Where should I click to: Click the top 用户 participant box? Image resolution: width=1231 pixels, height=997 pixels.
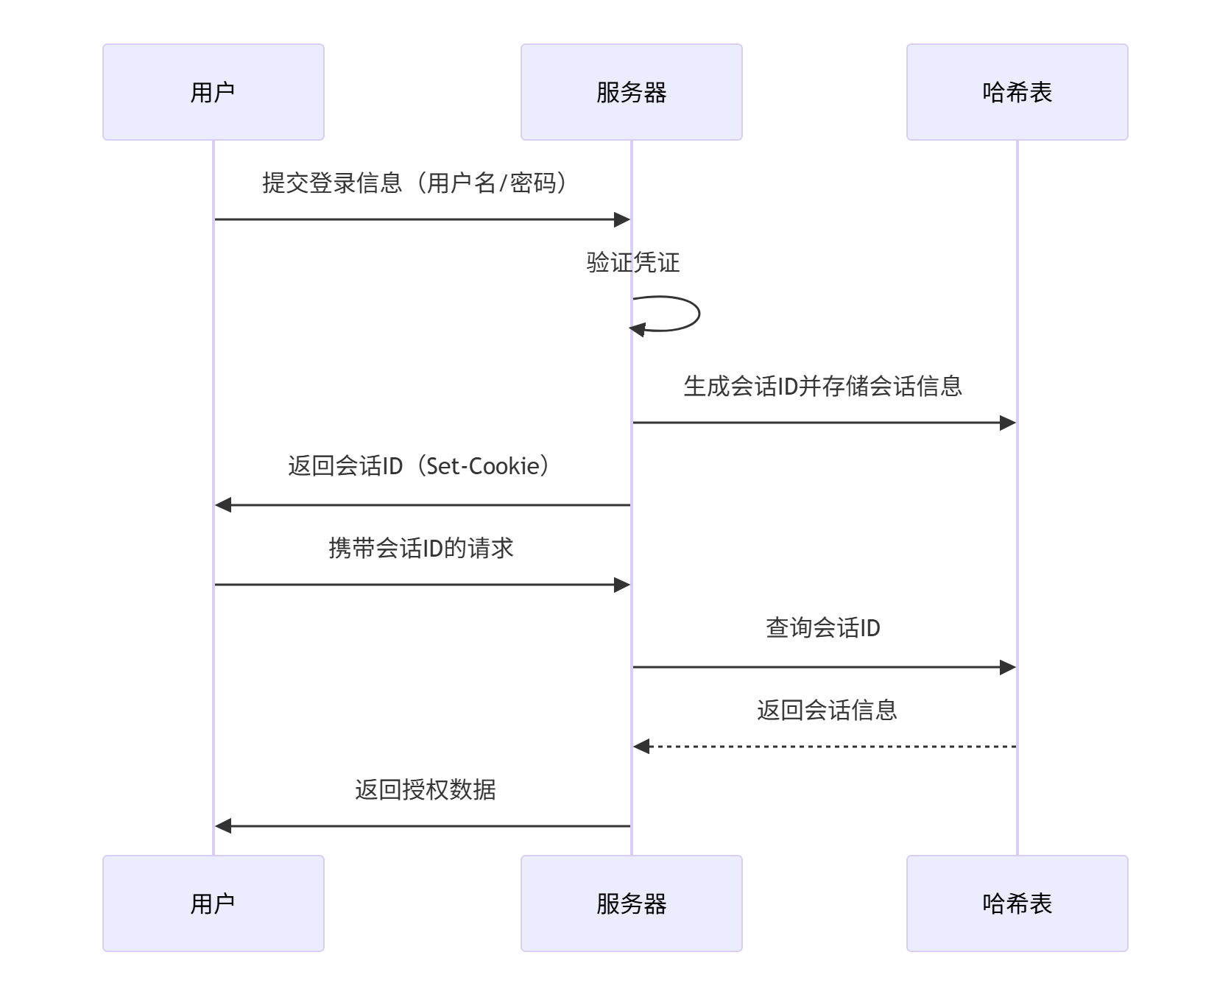214,92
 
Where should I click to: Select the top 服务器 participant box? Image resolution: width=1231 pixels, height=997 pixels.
631,92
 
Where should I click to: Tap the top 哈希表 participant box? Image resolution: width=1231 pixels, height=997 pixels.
1017,92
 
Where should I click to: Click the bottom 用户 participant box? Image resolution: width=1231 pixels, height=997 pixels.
214,903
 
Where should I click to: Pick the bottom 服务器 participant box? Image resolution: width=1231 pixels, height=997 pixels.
631,903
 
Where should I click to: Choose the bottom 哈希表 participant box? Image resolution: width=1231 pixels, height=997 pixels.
1017,903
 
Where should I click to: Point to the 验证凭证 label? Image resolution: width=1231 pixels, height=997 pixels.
632,262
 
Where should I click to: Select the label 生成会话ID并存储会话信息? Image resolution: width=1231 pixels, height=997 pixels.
822,386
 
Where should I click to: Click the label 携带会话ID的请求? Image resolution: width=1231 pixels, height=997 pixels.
421,549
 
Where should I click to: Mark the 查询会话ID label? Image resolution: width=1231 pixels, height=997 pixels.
822,628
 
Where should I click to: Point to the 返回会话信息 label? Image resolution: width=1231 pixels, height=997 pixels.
827,710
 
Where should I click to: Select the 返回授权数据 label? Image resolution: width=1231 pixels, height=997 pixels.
425,790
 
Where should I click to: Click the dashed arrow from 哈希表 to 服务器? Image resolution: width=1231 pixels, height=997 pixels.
825,747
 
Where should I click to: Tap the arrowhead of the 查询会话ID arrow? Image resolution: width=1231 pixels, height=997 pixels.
1008,667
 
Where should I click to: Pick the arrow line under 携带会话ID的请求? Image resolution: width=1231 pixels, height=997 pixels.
421,585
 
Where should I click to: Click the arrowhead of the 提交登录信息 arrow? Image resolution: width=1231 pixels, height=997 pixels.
622,219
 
